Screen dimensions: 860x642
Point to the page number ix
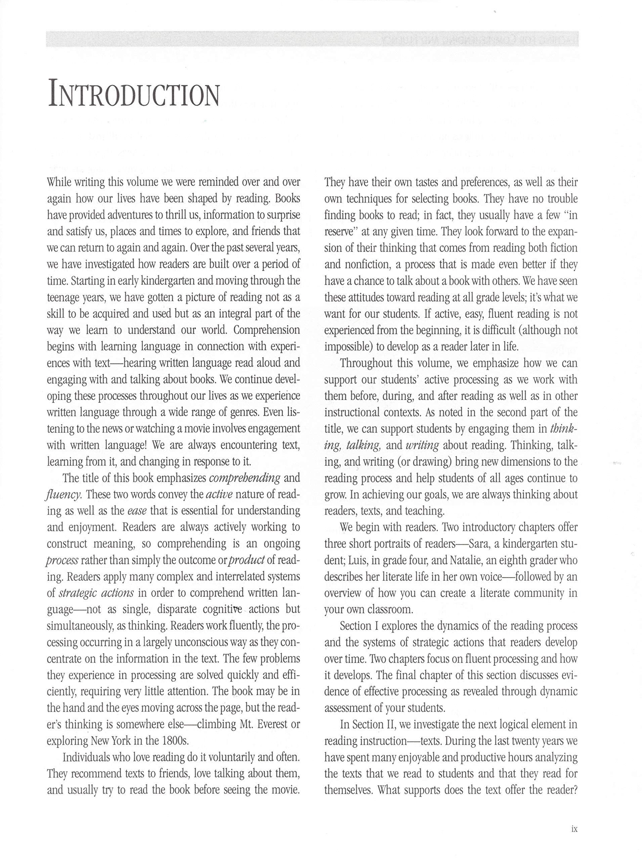(574, 829)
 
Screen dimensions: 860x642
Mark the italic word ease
(137, 511)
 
